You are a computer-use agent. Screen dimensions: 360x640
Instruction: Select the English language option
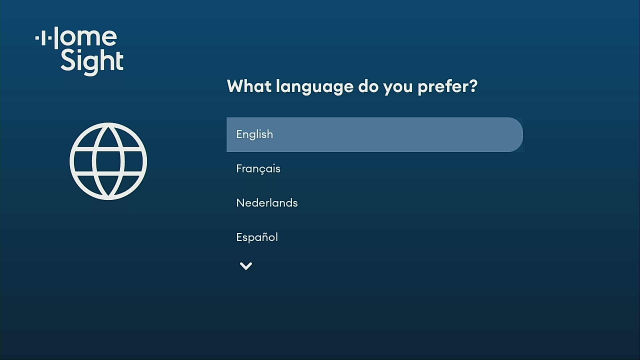[x=254, y=134]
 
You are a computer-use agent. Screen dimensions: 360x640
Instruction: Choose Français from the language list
[x=258, y=168]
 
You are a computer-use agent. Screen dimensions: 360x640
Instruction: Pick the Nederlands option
[x=267, y=203]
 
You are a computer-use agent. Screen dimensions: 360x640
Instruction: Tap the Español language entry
[x=257, y=237]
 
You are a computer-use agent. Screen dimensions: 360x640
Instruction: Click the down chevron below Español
[x=246, y=266]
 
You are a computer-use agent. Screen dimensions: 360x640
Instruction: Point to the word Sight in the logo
[x=90, y=61]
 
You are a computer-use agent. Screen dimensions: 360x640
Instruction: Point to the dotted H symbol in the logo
[x=44, y=38]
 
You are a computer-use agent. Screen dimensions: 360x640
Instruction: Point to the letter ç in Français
[x=264, y=169]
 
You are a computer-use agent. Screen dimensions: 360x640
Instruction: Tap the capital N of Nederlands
[x=240, y=203]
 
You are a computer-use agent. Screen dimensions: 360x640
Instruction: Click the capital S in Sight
[x=67, y=60]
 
